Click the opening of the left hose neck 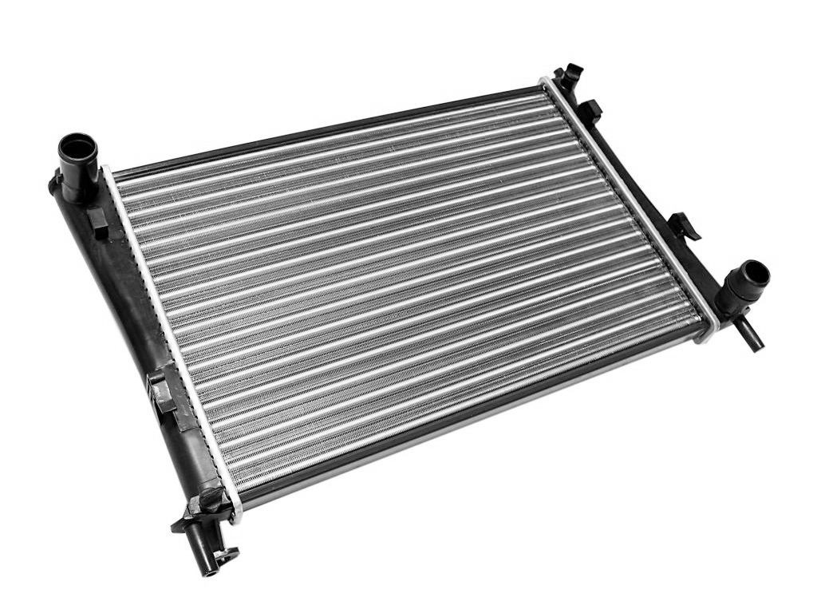pos(78,148)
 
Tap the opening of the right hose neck pos(754,275)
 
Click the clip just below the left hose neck pos(97,223)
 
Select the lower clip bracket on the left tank pos(163,391)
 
